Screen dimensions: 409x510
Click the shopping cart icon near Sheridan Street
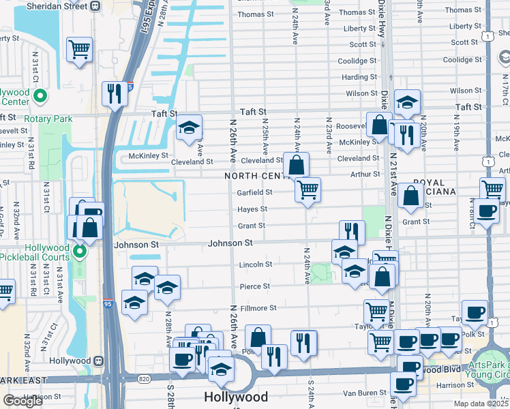point(80,50)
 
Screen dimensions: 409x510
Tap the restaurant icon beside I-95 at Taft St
point(115,93)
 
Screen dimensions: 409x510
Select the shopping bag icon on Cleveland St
point(297,165)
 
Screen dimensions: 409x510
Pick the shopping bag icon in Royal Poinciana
point(411,196)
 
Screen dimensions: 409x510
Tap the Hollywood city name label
point(236,397)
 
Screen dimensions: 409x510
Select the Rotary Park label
point(48,119)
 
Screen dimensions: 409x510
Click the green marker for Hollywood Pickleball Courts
point(80,253)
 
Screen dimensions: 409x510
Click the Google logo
point(22,401)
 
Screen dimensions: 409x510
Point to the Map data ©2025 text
point(481,403)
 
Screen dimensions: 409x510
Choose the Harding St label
point(359,78)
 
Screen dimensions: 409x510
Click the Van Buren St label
point(364,393)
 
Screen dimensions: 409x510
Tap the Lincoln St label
point(256,264)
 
